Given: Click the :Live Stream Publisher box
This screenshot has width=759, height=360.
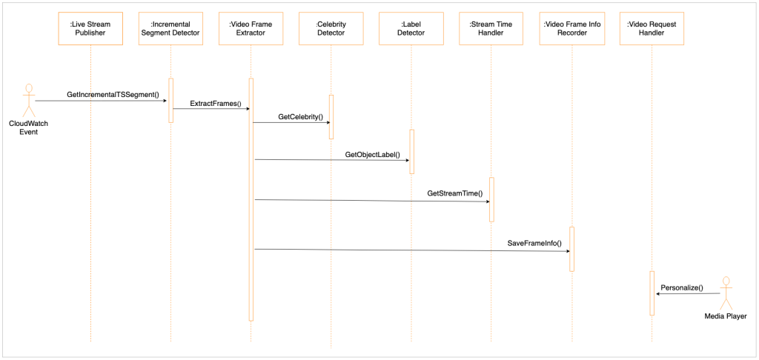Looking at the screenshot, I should click(x=90, y=28).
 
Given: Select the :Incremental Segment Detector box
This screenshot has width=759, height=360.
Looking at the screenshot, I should click(x=170, y=28).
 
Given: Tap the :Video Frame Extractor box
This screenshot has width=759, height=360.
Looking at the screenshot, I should click(x=251, y=28).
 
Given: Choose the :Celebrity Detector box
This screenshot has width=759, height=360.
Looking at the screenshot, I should click(x=331, y=28).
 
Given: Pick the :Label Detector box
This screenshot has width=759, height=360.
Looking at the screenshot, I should click(x=411, y=28).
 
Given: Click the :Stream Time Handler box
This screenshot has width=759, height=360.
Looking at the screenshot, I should click(x=491, y=28).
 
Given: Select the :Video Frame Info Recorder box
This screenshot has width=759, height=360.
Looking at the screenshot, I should click(x=571, y=28).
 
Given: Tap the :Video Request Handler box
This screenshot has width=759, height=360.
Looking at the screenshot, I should click(x=652, y=28).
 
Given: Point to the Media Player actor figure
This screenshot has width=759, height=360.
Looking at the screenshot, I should click(x=726, y=293).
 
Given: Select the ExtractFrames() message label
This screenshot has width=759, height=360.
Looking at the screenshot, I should click(x=216, y=104).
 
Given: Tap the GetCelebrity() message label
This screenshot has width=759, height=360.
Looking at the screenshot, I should click(x=299, y=117).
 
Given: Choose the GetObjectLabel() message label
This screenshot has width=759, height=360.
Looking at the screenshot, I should click(x=372, y=155).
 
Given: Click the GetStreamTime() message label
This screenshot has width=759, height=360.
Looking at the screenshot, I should click(x=454, y=193).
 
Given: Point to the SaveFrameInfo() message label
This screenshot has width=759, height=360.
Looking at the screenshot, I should click(x=534, y=243).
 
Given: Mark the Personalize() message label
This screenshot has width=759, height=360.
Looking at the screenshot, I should click(x=681, y=287).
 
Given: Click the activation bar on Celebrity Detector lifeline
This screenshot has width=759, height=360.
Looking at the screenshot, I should click(x=331, y=116).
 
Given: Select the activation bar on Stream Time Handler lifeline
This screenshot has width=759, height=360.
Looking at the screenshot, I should click(x=491, y=199).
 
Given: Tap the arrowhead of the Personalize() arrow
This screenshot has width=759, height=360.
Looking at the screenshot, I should click(x=658, y=294).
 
